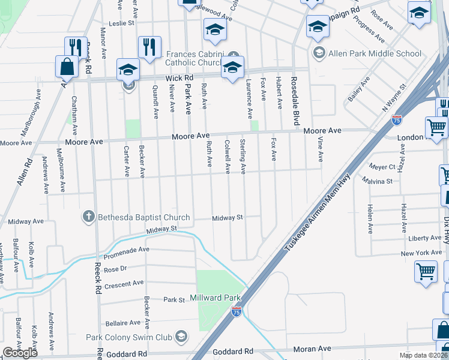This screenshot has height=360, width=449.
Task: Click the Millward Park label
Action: point(215,298)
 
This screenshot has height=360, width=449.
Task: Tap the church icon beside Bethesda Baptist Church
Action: point(88,217)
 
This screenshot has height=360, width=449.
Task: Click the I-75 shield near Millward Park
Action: point(237,312)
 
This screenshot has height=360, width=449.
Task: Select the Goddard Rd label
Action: point(234,351)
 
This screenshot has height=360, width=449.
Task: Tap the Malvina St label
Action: point(377,180)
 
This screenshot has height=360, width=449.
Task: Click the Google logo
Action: point(20,352)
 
